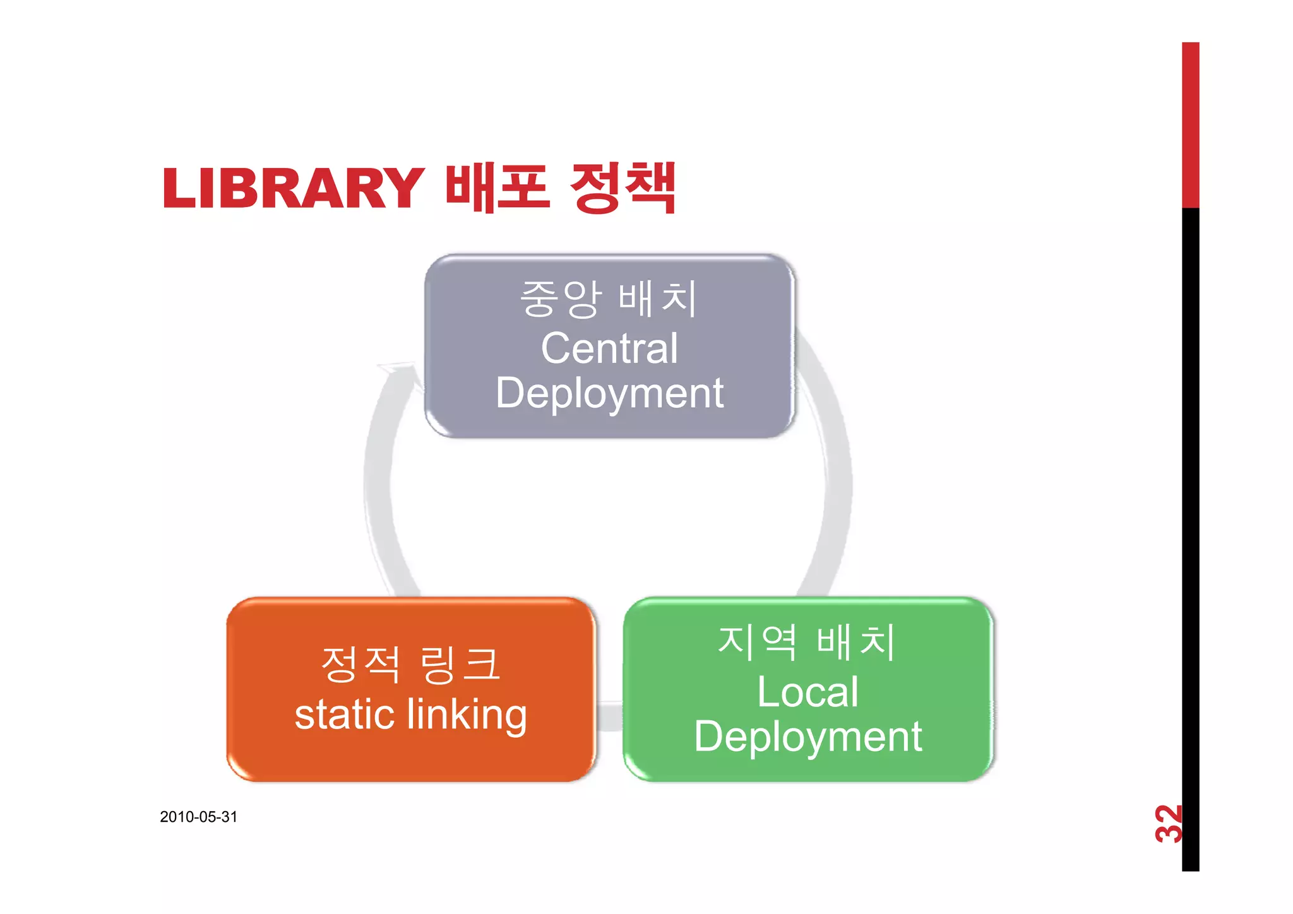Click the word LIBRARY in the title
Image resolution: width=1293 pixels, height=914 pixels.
pyautogui.click(x=293, y=188)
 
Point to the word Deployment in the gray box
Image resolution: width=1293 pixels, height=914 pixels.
pyautogui.click(x=609, y=393)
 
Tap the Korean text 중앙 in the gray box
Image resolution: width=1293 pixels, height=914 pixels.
pyautogui.click(x=560, y=299)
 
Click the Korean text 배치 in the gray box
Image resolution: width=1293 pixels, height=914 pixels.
pyautogui.click(x=658, y=299)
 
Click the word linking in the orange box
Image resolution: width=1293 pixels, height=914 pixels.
pyautogui.click(x=467, y=715)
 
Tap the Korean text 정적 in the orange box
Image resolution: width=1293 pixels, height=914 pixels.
pyautogui.click(x=360, y=664)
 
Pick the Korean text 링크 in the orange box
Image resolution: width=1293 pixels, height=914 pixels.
pyautogui.click(x=460, y=664)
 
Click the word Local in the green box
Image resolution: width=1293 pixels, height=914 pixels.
pyautogui.click(x=807, y=692)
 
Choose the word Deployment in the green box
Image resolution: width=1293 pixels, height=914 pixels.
pyautogui.click(x=807, y=737)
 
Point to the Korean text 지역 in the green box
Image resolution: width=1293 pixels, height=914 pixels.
pyautogui.click(x=757, y=642)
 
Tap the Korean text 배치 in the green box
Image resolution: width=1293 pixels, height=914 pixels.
pyautogui.click(x=856, y=642)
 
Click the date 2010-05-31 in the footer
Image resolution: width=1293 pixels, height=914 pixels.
pyautogui.click(x=198, y=817)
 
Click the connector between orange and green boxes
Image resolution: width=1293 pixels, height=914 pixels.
pyautogui.click(x=609, y=716)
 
